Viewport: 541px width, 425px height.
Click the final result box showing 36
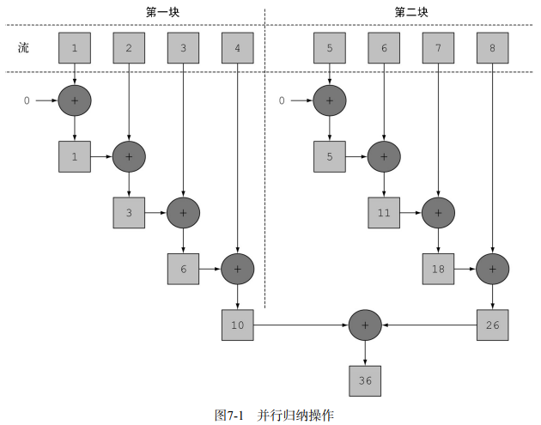tap(365, 380)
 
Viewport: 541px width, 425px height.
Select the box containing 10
tap(237, 325)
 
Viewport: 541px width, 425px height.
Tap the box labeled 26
tap(492, 325)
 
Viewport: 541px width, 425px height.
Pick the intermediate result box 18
tap(438, 269)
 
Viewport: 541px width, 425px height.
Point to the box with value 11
tap(384, 212)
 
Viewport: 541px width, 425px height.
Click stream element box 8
tap(492, 48)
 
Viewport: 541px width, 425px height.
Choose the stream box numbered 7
tap(438, 48)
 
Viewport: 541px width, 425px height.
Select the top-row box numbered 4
tap(237, 48)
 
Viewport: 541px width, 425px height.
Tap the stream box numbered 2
tap(129, 48)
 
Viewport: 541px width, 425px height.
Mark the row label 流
tap(24, 48)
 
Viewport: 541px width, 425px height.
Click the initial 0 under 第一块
tap(27, 101)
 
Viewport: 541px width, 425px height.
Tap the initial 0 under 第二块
tap(282, 101)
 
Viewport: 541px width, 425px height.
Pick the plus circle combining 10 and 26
tap(365, 325)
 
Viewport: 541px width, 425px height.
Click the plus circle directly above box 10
tap(237, 269)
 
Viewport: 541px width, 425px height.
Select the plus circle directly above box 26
tap(492, 269)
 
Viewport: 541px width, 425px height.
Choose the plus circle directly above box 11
tap(384, 156)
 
